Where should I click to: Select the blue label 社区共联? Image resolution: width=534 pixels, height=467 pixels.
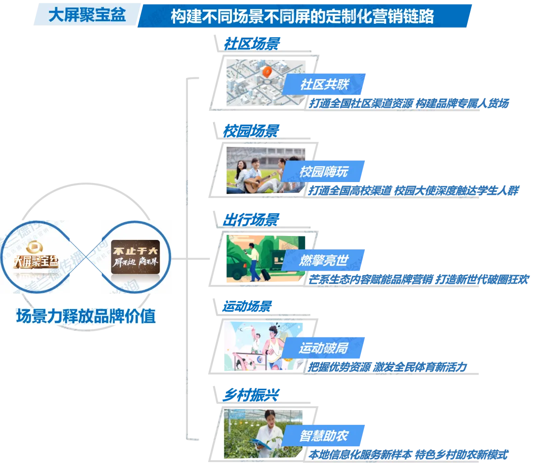click(x=324, y=84)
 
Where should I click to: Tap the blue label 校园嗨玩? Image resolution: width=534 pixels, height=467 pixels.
click(x=324, y=172)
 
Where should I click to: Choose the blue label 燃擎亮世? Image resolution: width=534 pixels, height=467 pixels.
click(x=324, y=260)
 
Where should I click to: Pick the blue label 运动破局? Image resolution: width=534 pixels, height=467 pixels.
click(x=324, y=348)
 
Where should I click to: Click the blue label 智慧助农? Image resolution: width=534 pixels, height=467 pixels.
click(x=324, y=436)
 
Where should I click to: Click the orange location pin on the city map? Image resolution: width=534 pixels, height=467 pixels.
click(x=267, y=72)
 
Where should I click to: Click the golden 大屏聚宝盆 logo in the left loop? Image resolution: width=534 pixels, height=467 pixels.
click(x=42, y=258)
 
